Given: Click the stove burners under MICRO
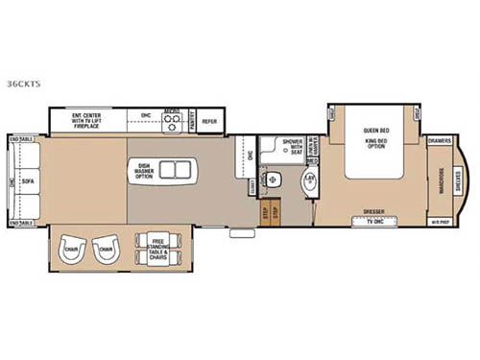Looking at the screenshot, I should coord(173,124).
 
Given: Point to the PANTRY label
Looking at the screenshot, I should coord(191,119).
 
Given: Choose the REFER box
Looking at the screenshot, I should coord(209,121).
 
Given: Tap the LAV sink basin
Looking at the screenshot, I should coord(309,180).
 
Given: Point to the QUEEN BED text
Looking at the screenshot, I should coord(374,130).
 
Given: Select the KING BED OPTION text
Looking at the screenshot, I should coord(374,144).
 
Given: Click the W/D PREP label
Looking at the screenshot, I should coord(441,222).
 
